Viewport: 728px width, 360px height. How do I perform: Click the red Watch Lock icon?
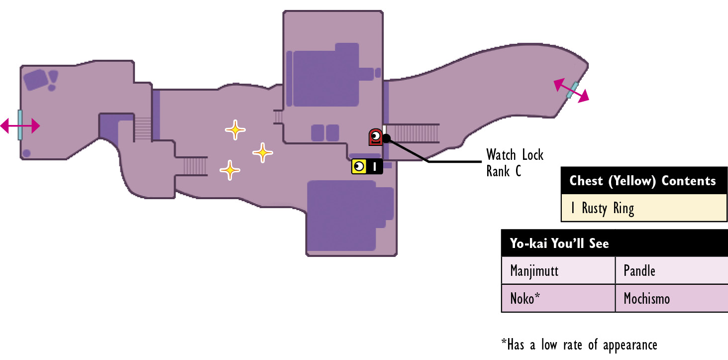coord(375,137)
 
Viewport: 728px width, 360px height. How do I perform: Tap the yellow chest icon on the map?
coord(367,166)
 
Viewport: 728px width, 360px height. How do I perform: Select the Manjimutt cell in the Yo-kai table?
coord(558,270)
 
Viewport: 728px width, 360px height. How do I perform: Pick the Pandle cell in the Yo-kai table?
coord(672,270)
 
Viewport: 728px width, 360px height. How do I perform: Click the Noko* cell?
coord(558,298)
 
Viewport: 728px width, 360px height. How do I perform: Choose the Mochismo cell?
coord(672,298)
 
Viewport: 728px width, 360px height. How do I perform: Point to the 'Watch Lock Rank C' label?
coord(515,163)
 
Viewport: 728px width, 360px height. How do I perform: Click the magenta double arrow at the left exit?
coord(20,125)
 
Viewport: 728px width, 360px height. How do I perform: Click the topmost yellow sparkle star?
coord(235,130)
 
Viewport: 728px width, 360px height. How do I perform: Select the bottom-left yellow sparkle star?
coord(230,170)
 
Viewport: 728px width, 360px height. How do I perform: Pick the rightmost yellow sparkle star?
coord(263,152)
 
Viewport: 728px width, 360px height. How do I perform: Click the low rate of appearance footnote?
coord(579,345)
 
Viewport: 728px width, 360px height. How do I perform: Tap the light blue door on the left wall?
coord(20,125)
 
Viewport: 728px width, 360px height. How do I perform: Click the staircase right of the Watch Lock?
coord(413,133)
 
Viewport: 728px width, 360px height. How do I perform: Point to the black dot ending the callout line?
coord(387,138)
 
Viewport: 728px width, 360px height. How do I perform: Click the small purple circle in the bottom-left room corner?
coord(27,153)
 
